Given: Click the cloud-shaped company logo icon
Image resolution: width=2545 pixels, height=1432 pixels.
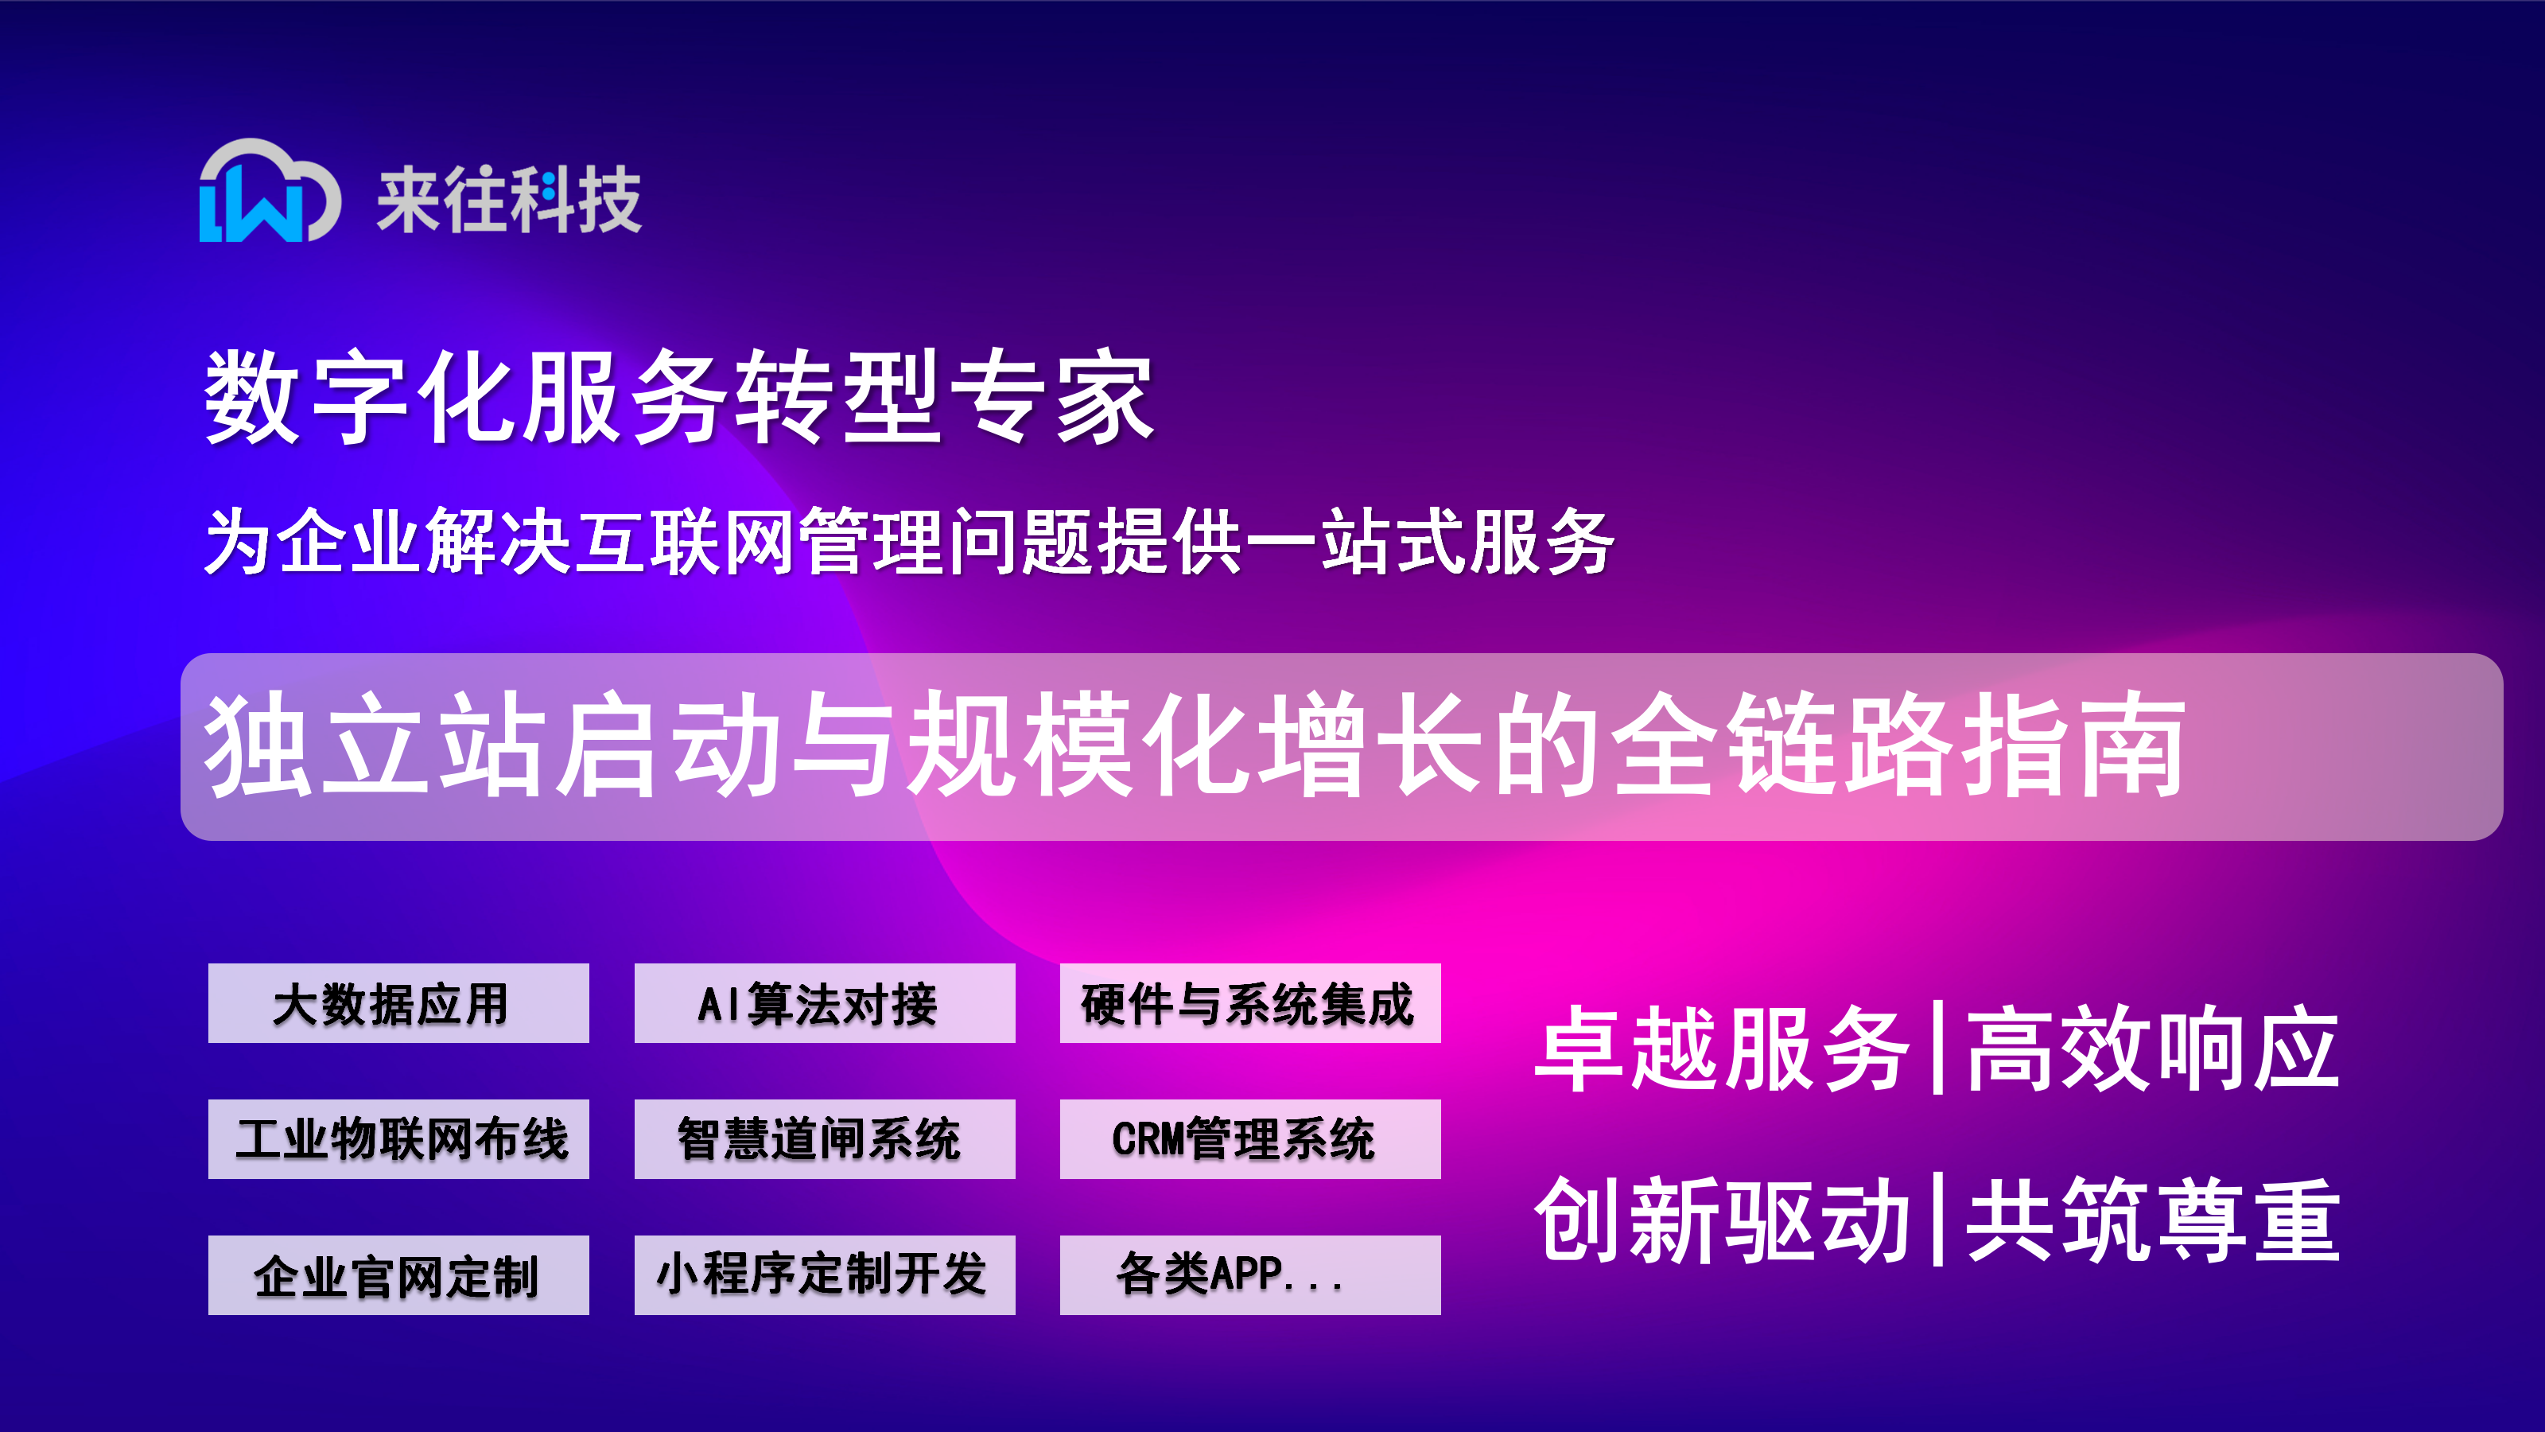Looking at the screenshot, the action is pos(270,190).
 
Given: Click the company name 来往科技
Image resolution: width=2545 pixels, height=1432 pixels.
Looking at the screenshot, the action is pos(509,200).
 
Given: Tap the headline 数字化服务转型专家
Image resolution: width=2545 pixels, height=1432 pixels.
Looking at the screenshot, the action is pos(678,396).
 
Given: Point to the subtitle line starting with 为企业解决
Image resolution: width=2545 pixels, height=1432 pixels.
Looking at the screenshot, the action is pos(909,541).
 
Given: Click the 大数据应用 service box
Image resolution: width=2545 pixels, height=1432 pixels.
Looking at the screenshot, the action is pos(398,1003).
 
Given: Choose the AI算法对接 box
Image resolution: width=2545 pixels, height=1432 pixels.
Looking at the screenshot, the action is pos(824,1003).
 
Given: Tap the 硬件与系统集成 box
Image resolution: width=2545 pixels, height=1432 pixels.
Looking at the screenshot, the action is pos(1249,1003).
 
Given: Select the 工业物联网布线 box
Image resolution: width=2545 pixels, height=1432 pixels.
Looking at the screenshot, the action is pos(398,1138).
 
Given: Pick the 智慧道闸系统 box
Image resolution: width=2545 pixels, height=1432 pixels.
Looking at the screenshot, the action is pos(824,1138).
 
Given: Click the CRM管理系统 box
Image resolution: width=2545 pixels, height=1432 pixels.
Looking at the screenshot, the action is pos(1249,1138).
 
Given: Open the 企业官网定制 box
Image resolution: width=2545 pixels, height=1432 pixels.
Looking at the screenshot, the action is pos(398,1274).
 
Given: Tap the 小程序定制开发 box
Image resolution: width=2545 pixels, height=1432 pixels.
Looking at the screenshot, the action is pos(824,1274).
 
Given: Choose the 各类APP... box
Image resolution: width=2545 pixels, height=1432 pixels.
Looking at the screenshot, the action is pos(1249,1274).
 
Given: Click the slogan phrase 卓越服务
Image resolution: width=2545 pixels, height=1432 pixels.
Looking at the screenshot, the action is pos(1721,1049).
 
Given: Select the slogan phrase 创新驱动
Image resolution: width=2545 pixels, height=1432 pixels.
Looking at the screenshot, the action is pos(1721,1220).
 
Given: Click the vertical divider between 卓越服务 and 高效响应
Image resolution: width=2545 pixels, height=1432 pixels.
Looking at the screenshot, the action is pos(1937,1048).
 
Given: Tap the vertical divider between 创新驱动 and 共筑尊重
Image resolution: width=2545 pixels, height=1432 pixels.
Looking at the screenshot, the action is pos(1937,1220).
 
